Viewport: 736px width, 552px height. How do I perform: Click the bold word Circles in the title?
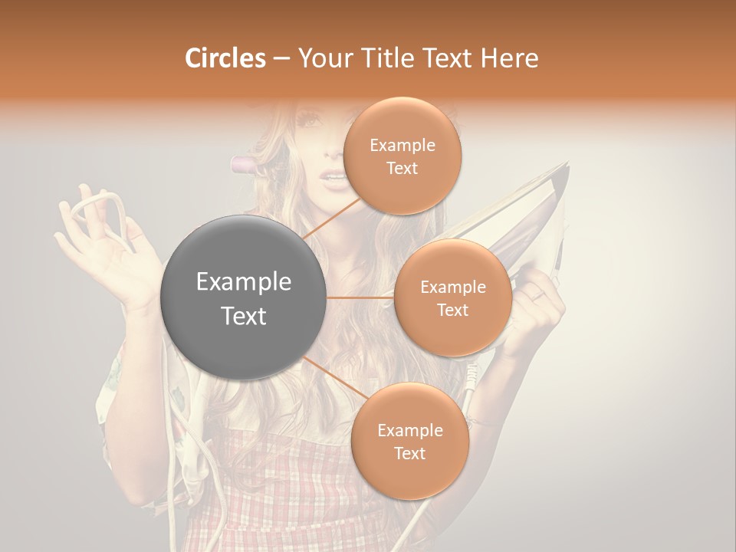(x=225, y=58)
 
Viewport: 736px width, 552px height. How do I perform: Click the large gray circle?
(x=244, y=298)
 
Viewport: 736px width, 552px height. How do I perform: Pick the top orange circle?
(x=402, y=156)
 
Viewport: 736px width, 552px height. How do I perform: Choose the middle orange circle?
(x=452, y=297)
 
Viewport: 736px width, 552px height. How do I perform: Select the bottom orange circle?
(x=409, y=441)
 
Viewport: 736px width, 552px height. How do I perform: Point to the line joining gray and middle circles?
(x=360, y=297)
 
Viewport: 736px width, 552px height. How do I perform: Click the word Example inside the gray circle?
(x=244, y=282)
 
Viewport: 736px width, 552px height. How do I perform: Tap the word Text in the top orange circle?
(x=402, y=168)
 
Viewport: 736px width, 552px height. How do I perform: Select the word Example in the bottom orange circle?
(x=409, y=430)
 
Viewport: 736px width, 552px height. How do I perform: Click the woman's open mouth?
(x=333, y=179)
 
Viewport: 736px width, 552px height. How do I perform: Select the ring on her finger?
(x=540, y=294)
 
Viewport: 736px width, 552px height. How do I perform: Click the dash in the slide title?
(x=281, y=59)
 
